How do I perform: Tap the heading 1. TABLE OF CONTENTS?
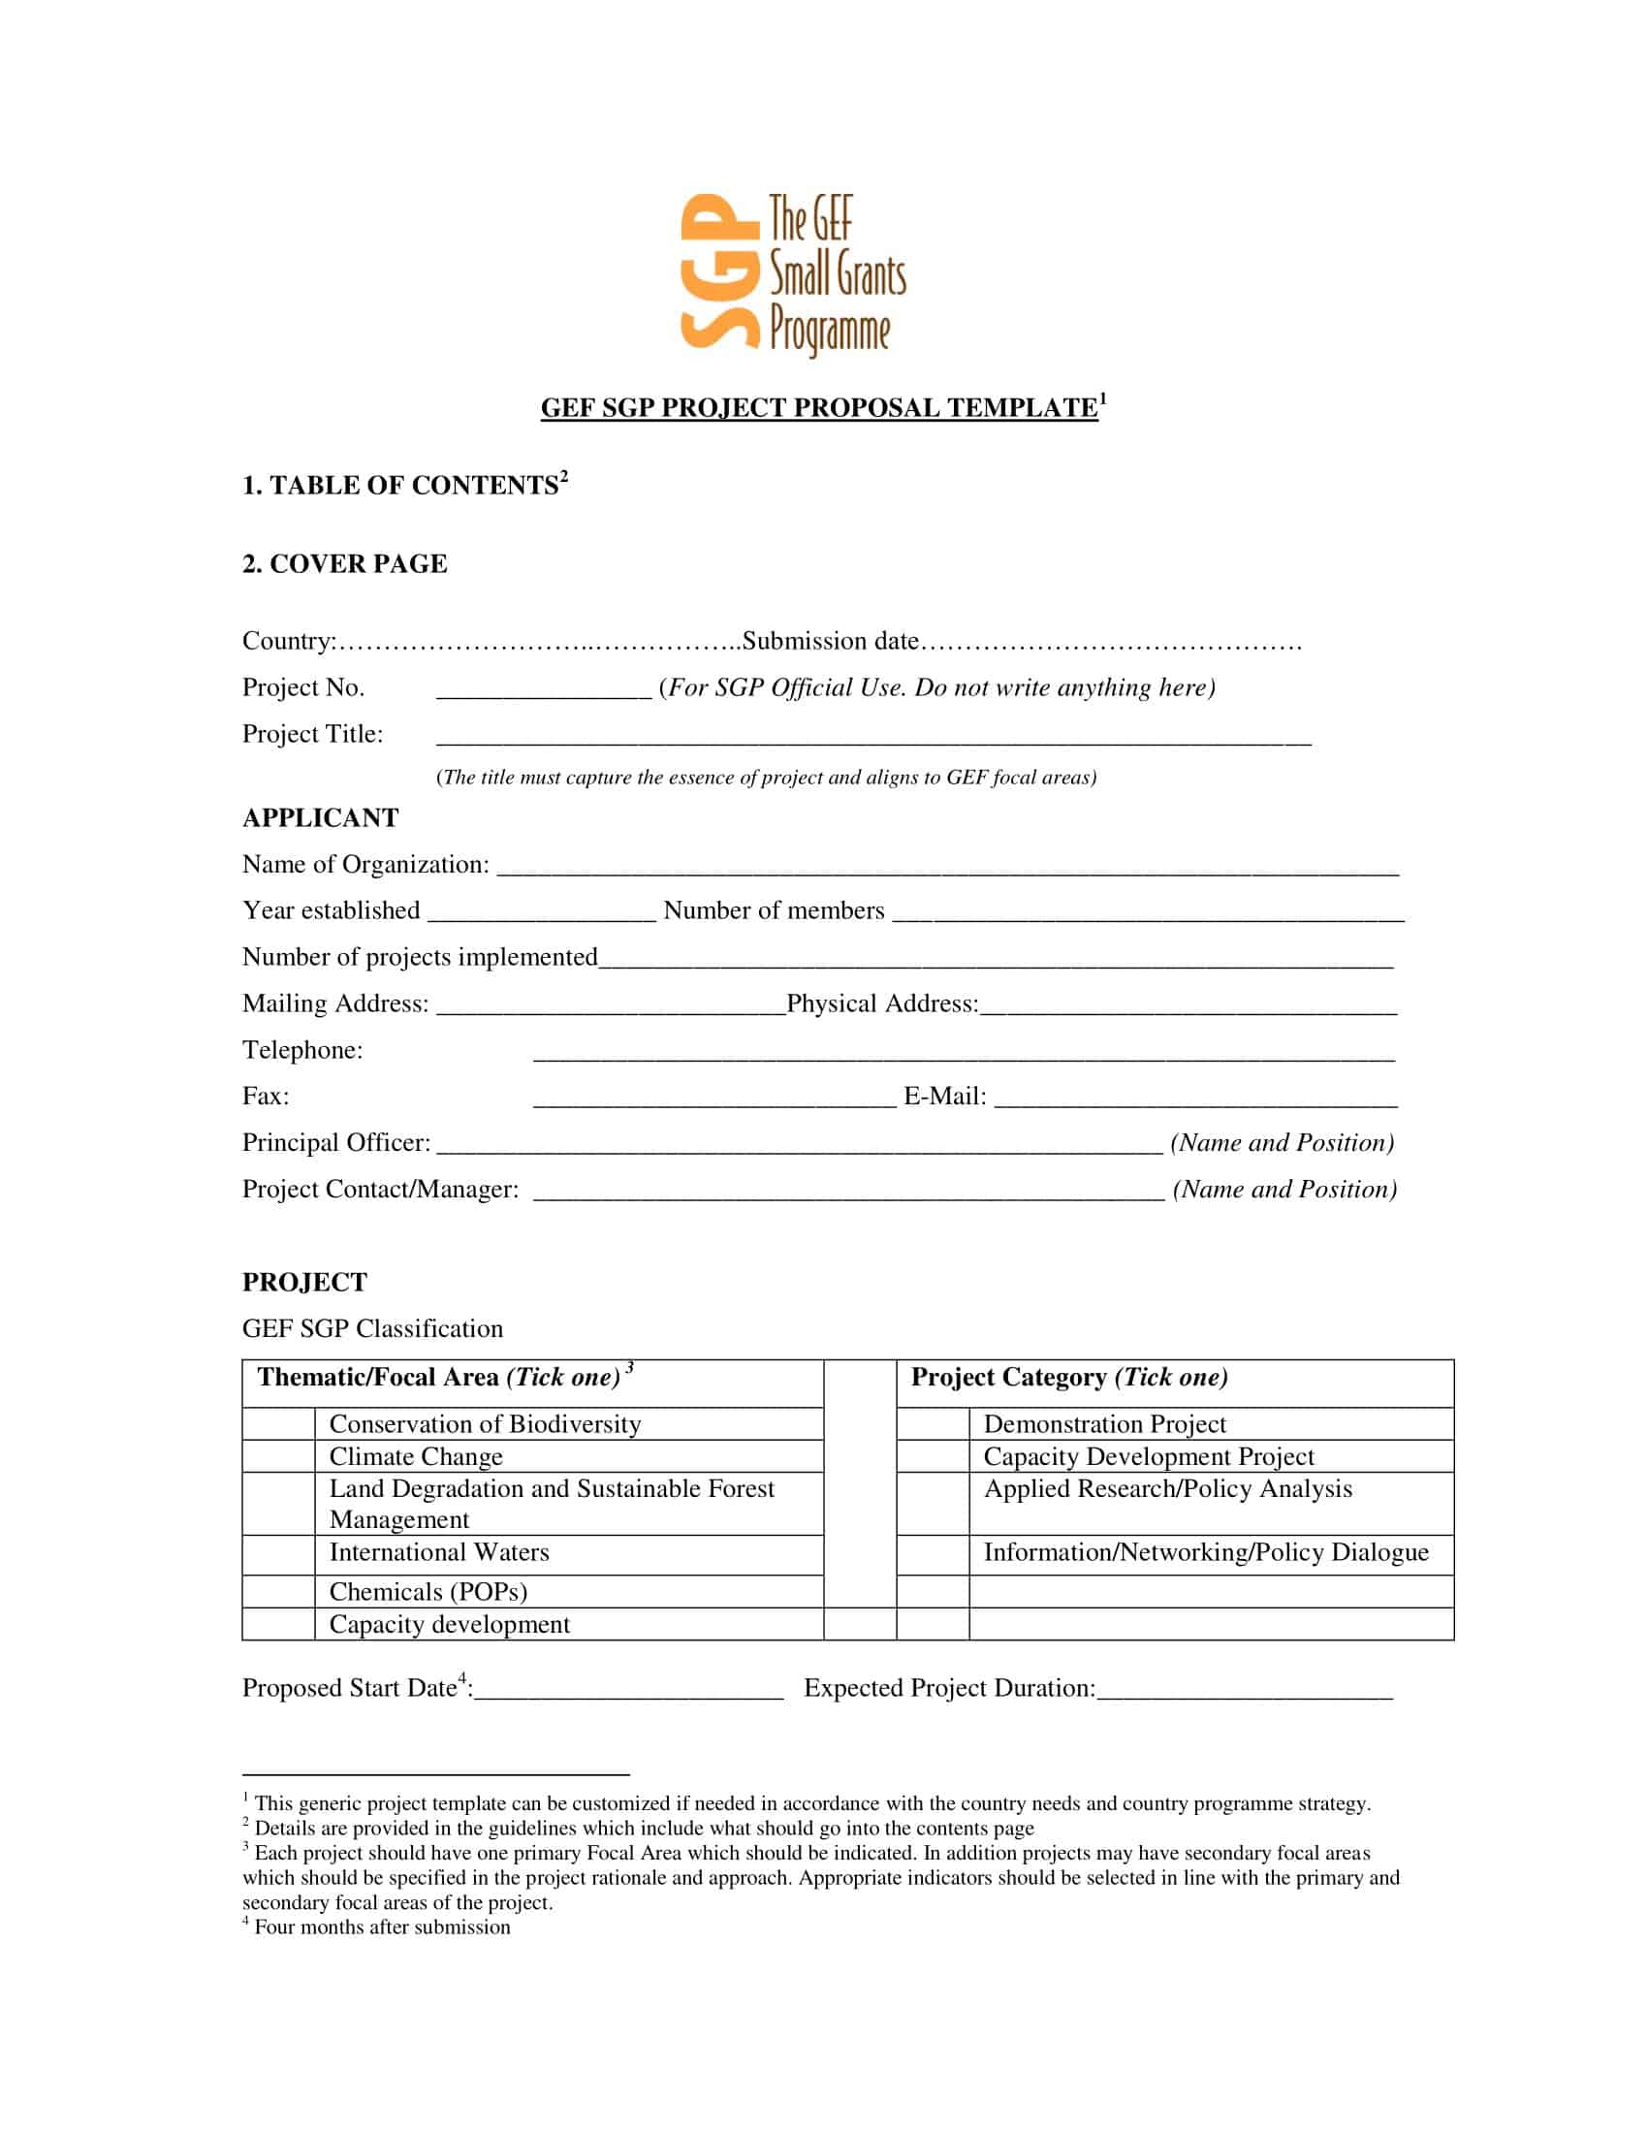(x=403, y=486)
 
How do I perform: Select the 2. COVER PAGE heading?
(x=345, y=563)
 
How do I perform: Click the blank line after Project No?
(x=543, y=689)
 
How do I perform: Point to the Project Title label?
(x=312, y=734)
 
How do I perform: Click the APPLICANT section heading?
(x=320, y=817)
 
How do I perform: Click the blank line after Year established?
(x=542, y=912)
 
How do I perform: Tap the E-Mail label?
(x=944, y=1096)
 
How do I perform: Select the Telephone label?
(x=301, y=1050)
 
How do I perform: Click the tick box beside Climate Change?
(x=278, y=1456)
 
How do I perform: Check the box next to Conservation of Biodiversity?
(x=278, y=1423)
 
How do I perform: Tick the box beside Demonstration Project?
(x=933, y=1423)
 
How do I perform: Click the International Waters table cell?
(x=438, y=1552)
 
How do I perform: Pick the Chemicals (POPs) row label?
(x=428, y=1591)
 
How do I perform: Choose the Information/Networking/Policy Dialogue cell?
(x=1206, y=1552)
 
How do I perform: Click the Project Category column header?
(x=1069, y=1377)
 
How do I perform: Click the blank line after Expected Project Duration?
(x=1245, y=1690)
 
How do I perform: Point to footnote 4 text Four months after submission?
(x=382, y=1926)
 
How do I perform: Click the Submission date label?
(x=831, y=641)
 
